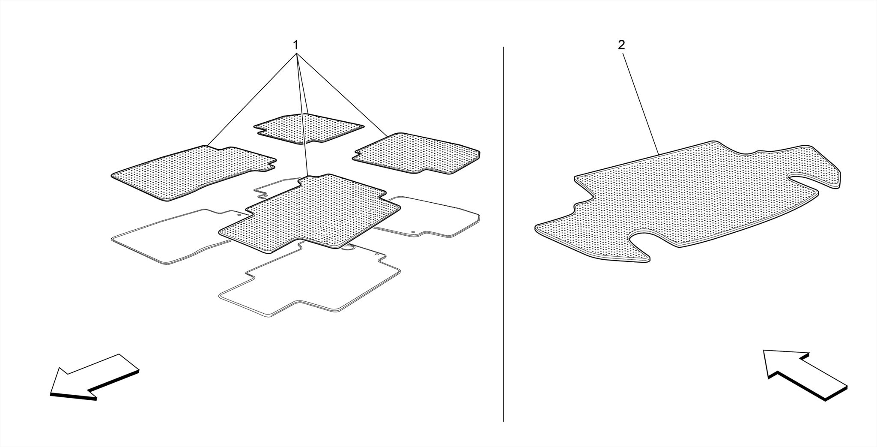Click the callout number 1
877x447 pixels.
[295, 45]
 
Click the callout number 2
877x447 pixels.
[621, 45]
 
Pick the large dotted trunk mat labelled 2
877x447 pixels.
[688, 201]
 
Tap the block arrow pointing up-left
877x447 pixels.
[805, 375]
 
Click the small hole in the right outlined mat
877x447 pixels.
[413, 232]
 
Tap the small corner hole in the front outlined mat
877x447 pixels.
[377, 255]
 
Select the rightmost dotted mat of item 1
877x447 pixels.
[416, 153]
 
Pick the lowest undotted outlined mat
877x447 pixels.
[310, 281]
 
